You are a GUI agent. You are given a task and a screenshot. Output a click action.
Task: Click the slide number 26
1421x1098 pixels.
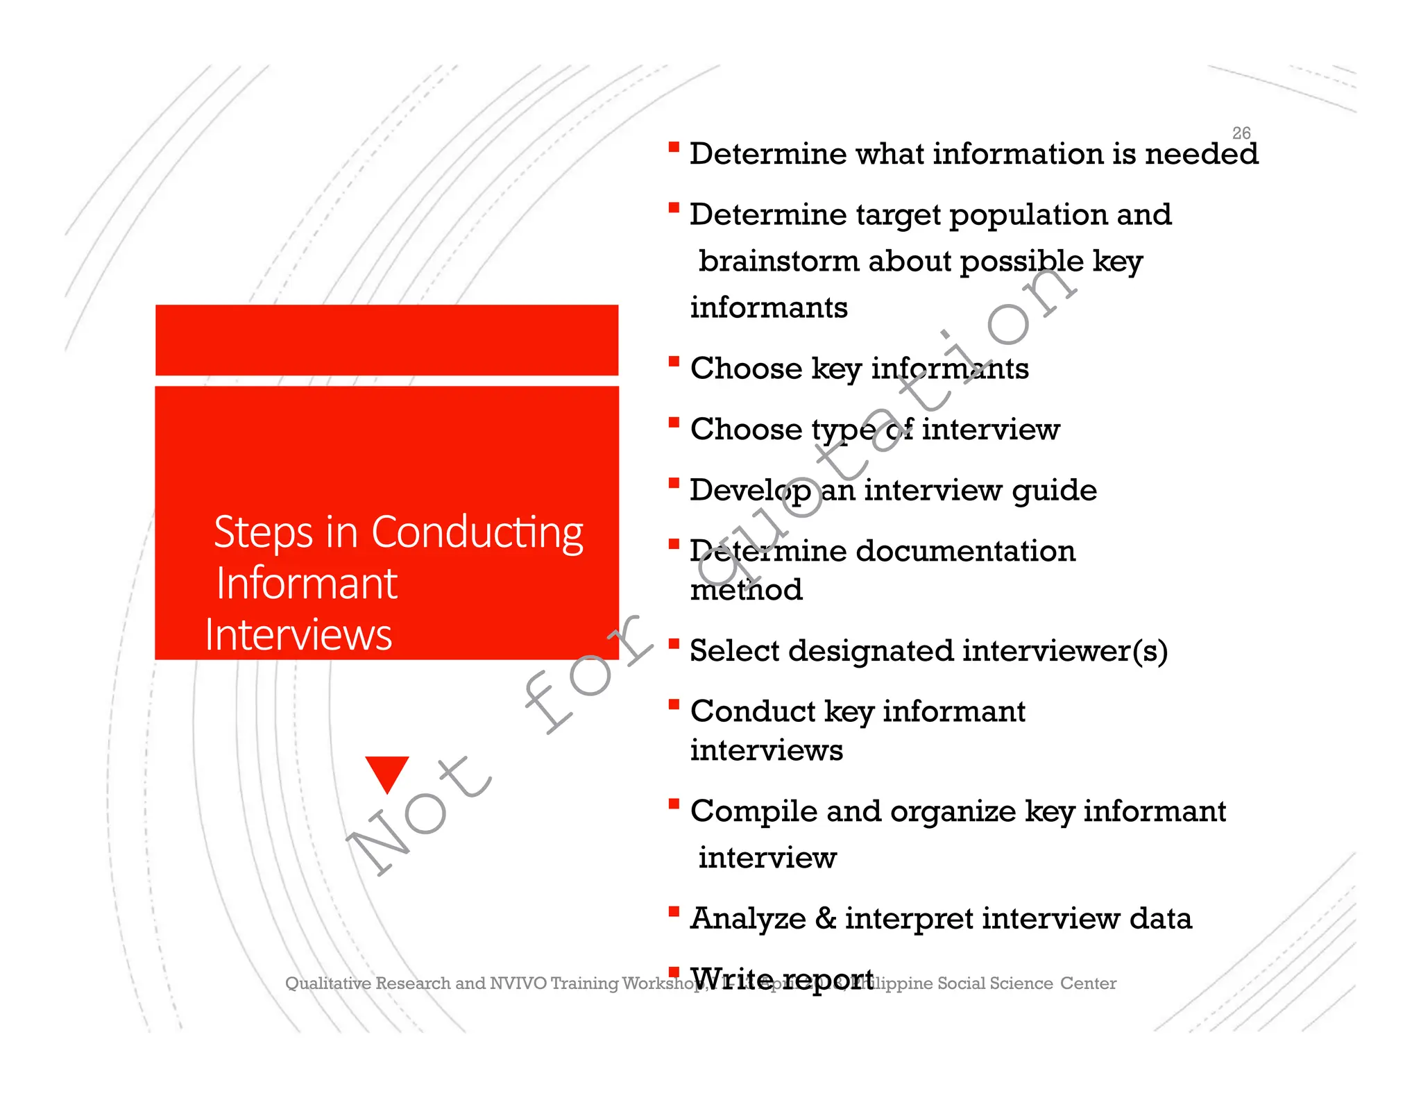[1241, 133]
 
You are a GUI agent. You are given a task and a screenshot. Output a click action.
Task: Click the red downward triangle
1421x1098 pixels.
[387, 772]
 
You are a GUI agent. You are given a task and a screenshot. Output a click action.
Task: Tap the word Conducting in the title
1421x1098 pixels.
[477, 533]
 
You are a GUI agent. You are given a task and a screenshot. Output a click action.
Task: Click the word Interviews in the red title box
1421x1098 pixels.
[298, 635]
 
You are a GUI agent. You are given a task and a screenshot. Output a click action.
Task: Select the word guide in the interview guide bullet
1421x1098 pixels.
[1054, 491]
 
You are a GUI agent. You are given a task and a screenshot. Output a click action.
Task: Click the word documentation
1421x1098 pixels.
[965, 551]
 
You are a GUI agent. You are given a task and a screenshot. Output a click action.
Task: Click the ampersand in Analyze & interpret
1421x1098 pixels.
[825, 918]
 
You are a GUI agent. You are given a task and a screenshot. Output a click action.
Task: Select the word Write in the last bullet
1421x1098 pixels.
[731, 978]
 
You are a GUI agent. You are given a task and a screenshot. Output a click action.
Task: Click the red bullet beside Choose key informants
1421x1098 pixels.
[674, 361]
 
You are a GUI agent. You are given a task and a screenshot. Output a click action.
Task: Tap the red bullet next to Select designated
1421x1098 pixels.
[674, 643]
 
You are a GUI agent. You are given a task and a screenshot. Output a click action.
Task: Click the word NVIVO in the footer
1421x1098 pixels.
[518, 983]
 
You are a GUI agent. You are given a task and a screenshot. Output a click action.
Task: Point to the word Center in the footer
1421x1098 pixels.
[1088, 983]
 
